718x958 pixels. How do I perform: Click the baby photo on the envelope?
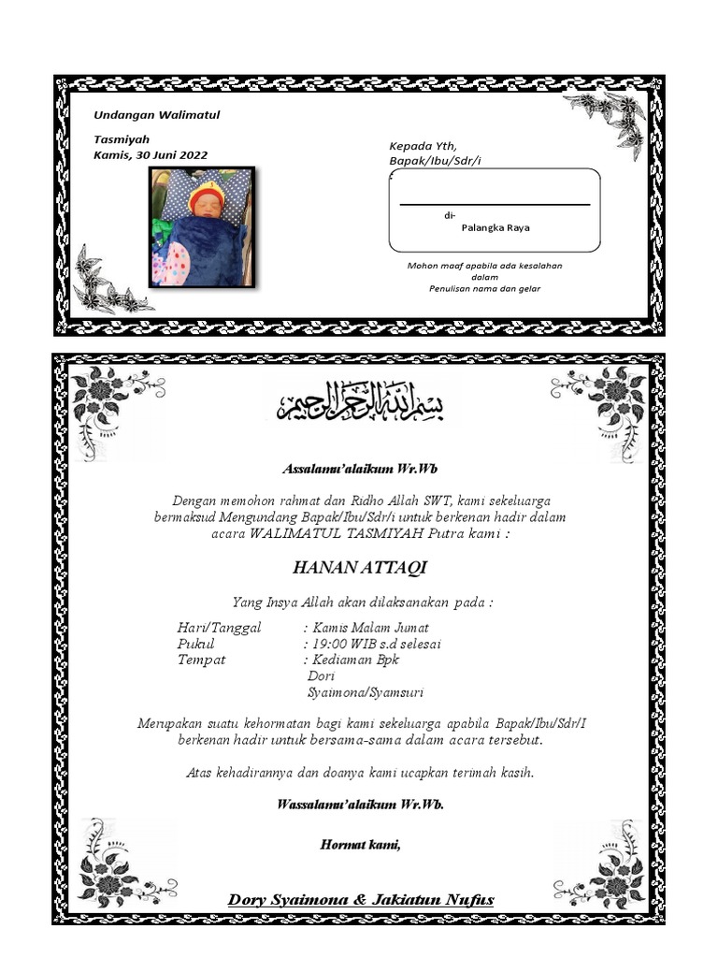202,227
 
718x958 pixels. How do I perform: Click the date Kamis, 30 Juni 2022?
151,155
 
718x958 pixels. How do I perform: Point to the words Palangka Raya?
495,227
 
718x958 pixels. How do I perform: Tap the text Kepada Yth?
423,146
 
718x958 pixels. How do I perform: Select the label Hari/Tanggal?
220,628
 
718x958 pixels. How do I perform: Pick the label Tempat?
201,660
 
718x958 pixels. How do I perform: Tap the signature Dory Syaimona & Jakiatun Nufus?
361,900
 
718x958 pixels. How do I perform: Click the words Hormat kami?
361,845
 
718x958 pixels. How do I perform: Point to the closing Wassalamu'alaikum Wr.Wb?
361,805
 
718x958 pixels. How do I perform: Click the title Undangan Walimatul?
157,115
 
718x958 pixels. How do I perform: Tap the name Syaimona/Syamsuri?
366,692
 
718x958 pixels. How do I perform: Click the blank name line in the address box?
495,203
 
